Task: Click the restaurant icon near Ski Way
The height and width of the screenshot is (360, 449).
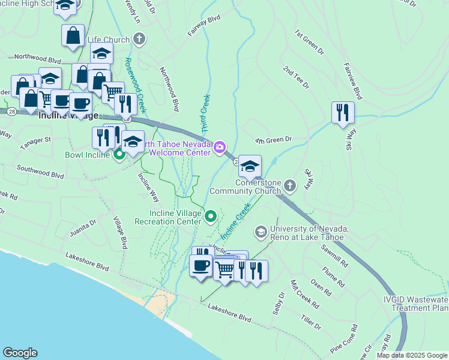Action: [x=343, y=112]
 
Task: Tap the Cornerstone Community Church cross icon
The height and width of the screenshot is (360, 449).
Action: [x=290, y=185]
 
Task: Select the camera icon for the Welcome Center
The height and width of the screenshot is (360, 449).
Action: [x=220, y=147]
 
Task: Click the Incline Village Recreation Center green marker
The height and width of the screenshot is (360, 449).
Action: [x=211, y=216]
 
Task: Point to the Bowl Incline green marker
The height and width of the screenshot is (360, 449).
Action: [x=119, y=155]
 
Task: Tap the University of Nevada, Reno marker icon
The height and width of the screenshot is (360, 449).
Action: [x=261, y=231]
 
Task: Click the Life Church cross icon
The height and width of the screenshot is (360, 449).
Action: [x=139, y=40]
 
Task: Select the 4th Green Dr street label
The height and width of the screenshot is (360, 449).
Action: [x=273, y=140]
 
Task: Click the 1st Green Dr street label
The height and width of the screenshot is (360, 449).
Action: [x=307, y=40]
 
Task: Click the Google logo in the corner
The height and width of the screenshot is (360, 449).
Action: [x=20, y=353]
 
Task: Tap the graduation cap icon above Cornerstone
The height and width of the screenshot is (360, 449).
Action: [x=250, y=166]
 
